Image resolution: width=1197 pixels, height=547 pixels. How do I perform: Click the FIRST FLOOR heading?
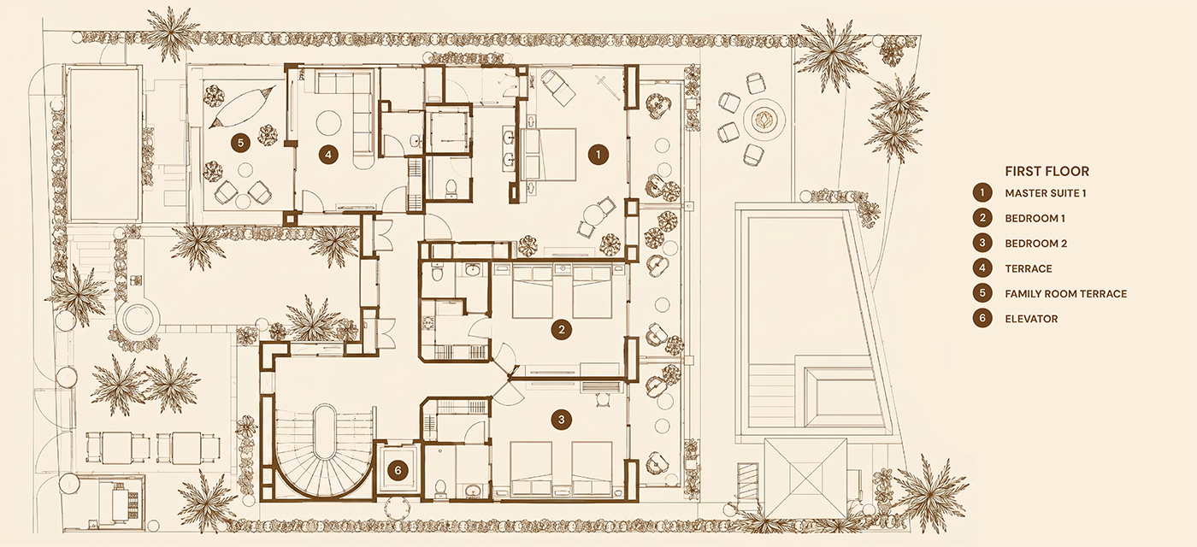[x=1047, y=172]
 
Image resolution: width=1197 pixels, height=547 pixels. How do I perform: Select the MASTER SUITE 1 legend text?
[x=1045, y=193]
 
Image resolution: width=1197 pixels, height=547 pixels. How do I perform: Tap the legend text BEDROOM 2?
[x=1035, y=244]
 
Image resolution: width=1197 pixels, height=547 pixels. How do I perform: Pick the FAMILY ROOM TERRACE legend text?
[x=1065, y=294]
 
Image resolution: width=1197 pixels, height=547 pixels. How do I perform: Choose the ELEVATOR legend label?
[x=1031, y=319]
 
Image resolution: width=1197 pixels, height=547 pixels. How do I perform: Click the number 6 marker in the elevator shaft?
[x=398, y=471]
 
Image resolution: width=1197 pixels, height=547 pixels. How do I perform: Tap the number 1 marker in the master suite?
[x=598, y=155]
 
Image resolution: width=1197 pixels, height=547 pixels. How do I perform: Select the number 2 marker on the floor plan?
[x=561, y=330]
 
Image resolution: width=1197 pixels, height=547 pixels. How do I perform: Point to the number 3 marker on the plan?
[x=561, y=420]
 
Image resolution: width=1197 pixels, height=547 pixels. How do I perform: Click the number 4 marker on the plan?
[x=328, y=155]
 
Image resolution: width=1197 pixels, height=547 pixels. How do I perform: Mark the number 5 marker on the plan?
[x=240, y=143]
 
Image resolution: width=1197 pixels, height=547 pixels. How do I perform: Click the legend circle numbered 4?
[x=982, y=268]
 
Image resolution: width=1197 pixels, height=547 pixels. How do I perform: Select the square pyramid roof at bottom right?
[x=805, y=478]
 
